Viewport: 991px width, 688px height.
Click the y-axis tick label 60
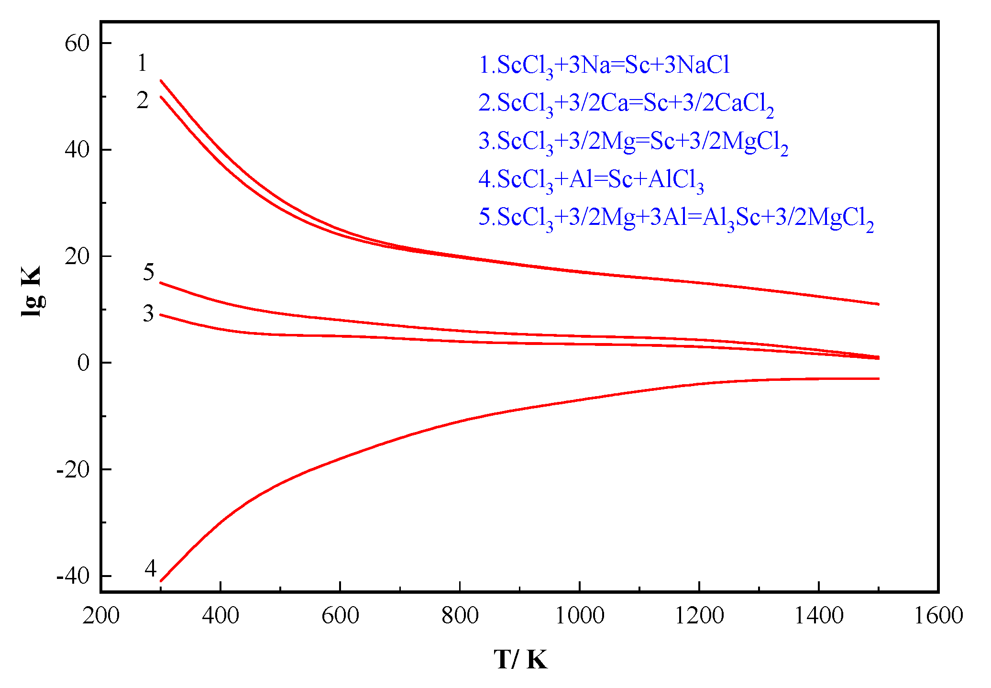tap(77, 44)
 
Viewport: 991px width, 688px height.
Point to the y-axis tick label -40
tap(73, 576)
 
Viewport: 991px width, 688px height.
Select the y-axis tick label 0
tap(83, 363)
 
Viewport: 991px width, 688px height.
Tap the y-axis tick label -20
tap(73, 470)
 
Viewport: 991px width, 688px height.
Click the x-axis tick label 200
tap(101, 616)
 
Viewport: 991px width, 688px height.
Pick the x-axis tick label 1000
tap(579, 616)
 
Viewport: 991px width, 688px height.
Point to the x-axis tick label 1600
tap(938, 616)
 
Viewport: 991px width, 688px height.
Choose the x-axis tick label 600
tap(340, 616)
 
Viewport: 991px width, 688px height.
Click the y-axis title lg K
tap(32, 291)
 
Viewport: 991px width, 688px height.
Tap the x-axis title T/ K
tap(520, 660)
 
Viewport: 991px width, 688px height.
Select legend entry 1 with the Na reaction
tap(604, 66)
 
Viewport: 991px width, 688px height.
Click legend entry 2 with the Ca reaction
tap(626, 104)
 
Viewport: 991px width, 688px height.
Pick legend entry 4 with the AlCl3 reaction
tap(591, 180)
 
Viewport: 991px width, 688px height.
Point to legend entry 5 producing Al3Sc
tap(676, 219)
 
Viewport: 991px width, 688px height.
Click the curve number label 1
tap(142, 63)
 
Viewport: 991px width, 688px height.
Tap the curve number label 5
tap(149, 272)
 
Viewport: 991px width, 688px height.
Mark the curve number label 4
tap(151, 569)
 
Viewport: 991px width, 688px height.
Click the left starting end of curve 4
tap(161, 581)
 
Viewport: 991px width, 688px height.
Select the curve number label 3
tap(149, 314)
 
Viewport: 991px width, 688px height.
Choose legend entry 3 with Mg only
tap(633, 142)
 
